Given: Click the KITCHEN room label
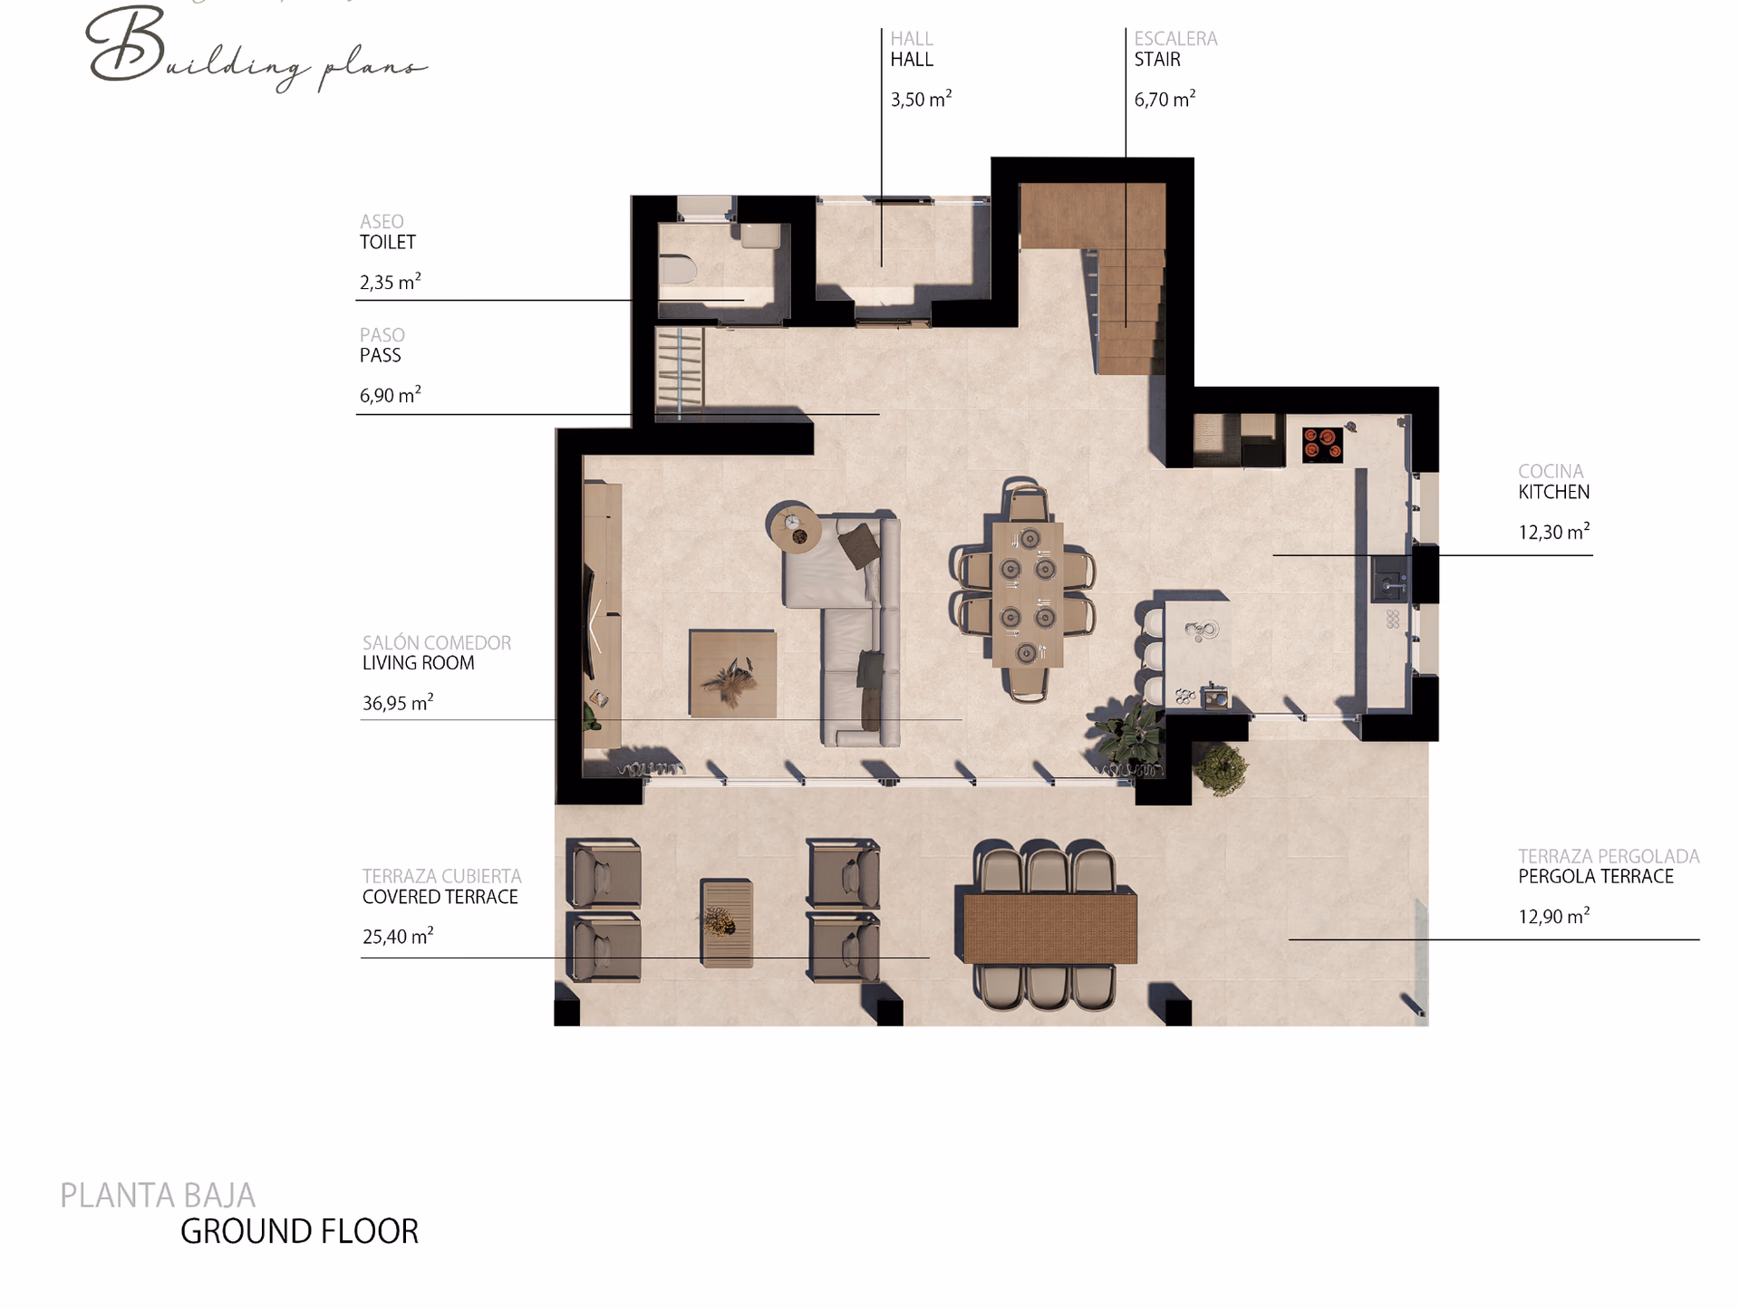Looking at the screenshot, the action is coord(1553,492).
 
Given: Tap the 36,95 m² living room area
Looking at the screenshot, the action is coord(398,702).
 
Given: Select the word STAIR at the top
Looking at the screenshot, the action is coord(1157,60).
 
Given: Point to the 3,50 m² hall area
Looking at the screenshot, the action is coord(921,99).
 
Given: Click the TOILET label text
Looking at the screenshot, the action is coord(388,242).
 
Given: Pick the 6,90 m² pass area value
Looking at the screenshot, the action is coord(391,395).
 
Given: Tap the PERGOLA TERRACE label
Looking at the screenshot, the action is coord(1596,876).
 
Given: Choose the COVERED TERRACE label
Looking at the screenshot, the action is coord(440,897).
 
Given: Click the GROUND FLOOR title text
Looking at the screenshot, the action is coord(299,1232).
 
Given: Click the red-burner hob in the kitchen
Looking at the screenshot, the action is coord(1322,444).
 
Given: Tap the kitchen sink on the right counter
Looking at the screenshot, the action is coord(1390,580).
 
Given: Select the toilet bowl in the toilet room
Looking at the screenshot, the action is coord(677,270).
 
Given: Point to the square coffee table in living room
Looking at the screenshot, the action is coord(732,674).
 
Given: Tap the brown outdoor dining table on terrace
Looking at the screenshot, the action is coord(1049,927).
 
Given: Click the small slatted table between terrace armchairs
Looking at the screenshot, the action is coord(727,923).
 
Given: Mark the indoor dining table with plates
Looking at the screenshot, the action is coord(1027,594).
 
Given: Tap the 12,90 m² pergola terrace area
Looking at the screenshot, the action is coord(1554,916).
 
